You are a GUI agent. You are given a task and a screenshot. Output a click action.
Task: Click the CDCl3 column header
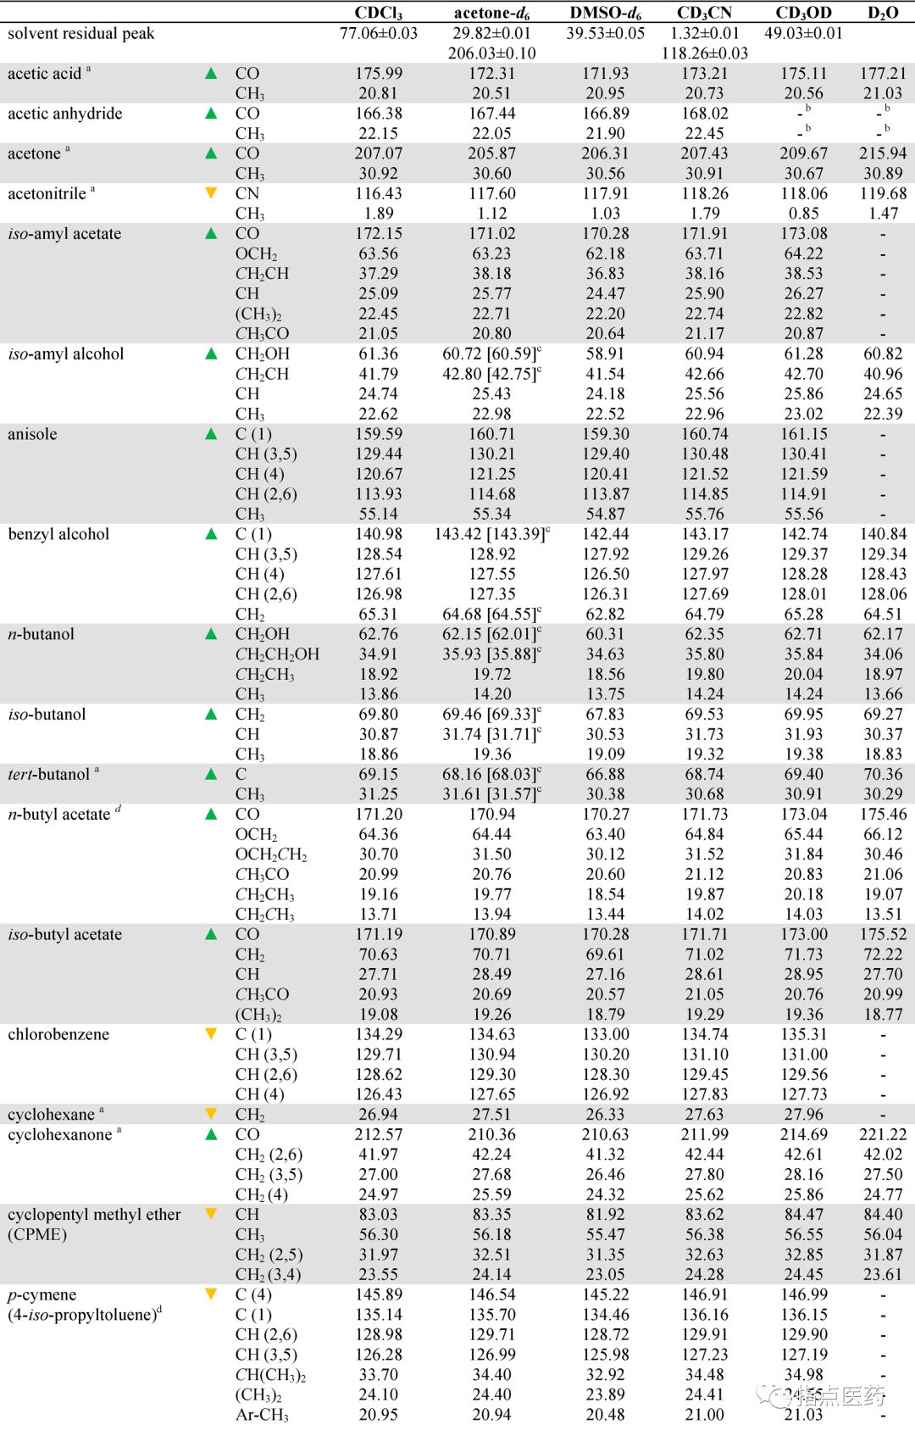pos(378,13)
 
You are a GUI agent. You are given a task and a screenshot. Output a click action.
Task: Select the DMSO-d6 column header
pos(605,13)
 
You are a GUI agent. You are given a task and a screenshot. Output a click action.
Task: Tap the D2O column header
pos(883,13)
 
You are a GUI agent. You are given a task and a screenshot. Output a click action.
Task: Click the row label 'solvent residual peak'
pos(81,34)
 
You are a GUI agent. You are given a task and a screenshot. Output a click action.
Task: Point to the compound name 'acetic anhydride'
pos(65,114)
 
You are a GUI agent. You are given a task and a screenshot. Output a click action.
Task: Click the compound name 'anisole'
pos(33,434)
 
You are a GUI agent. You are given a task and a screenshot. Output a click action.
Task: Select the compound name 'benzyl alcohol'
pos(59,534)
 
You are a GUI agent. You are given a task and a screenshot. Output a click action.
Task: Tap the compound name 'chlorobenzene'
pos(58,1034)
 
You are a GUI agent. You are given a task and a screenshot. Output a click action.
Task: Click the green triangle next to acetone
pos(212,153)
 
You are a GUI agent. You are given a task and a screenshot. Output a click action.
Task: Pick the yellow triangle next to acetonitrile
pos(212,193)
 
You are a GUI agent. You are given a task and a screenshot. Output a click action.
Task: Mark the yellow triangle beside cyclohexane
pos(212,1114)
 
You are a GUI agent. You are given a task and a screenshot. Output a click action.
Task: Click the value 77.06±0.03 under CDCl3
pos(378,34)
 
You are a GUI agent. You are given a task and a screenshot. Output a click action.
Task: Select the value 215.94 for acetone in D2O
pos(883,153)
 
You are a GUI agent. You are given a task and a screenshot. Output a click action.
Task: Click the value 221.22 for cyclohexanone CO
pos(883,1134)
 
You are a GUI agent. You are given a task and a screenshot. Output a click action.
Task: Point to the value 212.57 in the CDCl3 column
pos(378,1134)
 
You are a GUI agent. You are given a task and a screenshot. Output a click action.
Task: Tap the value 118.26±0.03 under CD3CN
pos(704,53)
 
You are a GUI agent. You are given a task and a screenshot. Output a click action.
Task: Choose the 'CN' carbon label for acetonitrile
pos(247,193)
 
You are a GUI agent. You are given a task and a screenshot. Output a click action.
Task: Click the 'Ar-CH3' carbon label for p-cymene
pos(262,1415)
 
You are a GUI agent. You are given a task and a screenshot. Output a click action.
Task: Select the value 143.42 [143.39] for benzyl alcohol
pos(491,534)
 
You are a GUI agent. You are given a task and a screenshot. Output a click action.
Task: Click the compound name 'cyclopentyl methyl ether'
pos(94,1215)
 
